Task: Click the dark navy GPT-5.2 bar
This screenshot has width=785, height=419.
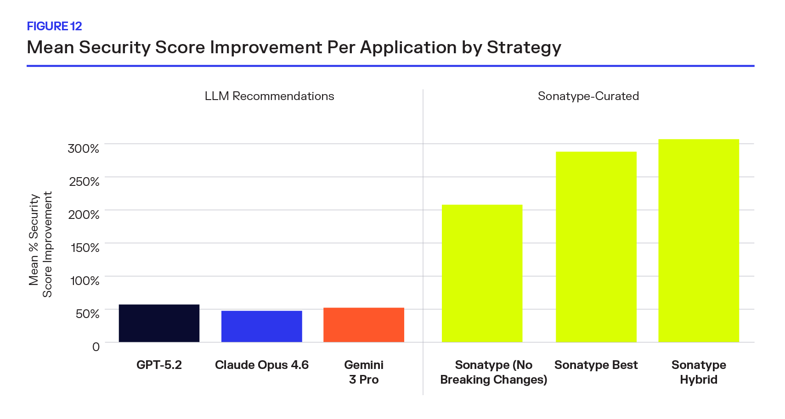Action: click(159, 323)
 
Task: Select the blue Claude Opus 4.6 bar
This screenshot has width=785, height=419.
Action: click(261, 326)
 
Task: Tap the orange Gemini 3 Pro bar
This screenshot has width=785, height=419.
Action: click(363, 324)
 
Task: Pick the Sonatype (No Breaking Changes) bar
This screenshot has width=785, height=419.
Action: click(482, 273)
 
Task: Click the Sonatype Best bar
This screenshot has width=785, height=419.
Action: click(596, 246)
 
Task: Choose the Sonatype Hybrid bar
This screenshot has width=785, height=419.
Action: click(698, 240)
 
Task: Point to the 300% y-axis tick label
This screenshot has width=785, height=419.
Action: click(83, 149)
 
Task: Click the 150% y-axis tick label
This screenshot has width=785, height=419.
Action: click(85, 248)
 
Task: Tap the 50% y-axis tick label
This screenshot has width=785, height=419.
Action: click(87, 314)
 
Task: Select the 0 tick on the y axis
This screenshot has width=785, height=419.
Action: click(96, 347)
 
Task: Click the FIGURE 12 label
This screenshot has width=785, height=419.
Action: click(54, 26)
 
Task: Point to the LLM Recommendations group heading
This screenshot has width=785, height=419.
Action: click(269, 96)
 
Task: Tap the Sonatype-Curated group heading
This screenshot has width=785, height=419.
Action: click(588, 96)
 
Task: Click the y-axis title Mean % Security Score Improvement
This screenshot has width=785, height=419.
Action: click(40, 244)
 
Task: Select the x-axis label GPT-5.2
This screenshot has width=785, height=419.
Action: click(159, 365)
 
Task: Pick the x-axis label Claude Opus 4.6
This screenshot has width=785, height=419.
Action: click(261, 365)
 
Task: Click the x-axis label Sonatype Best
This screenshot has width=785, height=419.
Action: click(596, 365)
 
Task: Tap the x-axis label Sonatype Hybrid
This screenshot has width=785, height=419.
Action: click(698, 372)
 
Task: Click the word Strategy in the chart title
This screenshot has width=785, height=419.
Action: click(524, 48)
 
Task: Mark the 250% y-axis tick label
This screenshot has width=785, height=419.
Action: click(84, 182)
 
